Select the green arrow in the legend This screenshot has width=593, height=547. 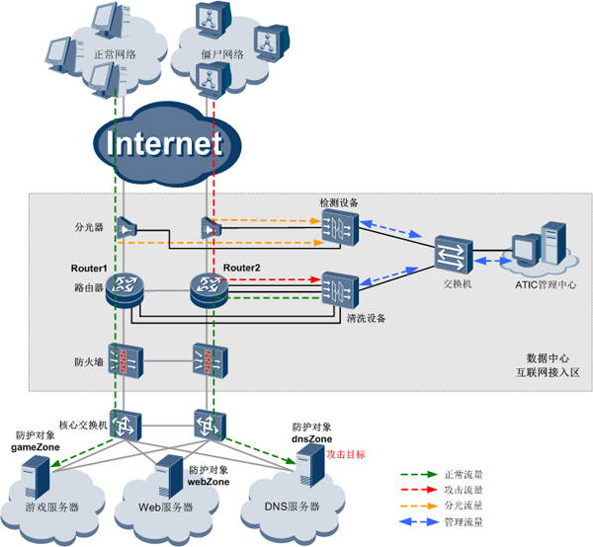432,473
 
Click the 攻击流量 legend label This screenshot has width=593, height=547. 491,489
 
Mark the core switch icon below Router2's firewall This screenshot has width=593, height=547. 210,426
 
